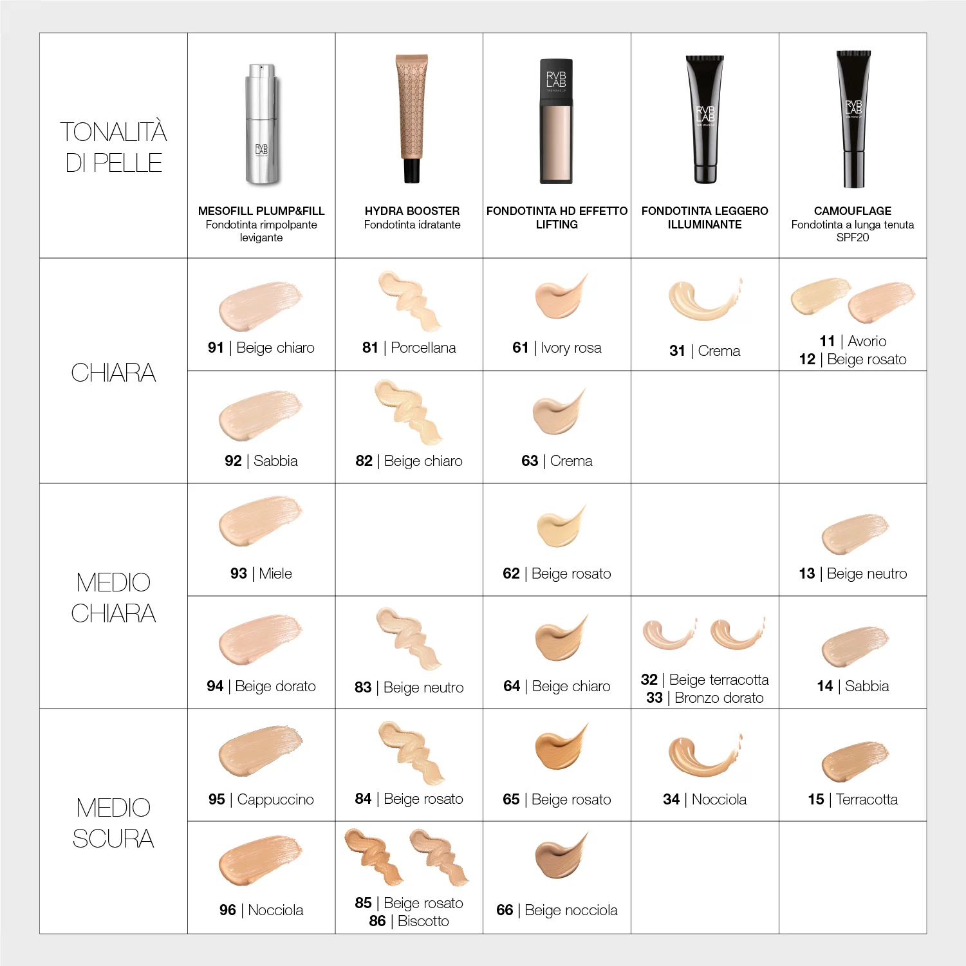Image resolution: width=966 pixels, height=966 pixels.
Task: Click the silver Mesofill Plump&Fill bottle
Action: (262, 124)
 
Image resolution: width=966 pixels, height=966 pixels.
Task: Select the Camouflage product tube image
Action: (853, 119)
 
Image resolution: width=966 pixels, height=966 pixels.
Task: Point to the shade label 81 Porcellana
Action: (409, 348)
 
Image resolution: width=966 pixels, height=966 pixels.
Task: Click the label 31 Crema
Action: (705, 351)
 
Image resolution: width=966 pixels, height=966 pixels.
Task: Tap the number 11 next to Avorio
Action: (827, 341)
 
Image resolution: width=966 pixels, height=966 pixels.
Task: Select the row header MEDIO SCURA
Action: (113, 822)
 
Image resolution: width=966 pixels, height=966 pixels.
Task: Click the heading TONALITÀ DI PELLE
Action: (113, 147)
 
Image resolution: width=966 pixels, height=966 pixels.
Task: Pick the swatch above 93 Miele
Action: (259, 520)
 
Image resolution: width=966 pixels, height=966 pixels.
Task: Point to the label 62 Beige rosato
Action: (557, 574)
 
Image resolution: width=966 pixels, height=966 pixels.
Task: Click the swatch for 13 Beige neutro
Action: (854, 533)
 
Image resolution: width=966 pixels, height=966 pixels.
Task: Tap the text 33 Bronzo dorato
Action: (705, 698)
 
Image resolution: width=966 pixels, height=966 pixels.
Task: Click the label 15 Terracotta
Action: (853, 800)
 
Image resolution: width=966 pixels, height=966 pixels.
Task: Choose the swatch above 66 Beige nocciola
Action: (559, 857)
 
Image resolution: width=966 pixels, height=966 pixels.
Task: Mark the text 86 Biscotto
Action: (409, 922)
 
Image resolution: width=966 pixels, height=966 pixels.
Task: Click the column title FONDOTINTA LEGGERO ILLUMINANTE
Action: (705, 218)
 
